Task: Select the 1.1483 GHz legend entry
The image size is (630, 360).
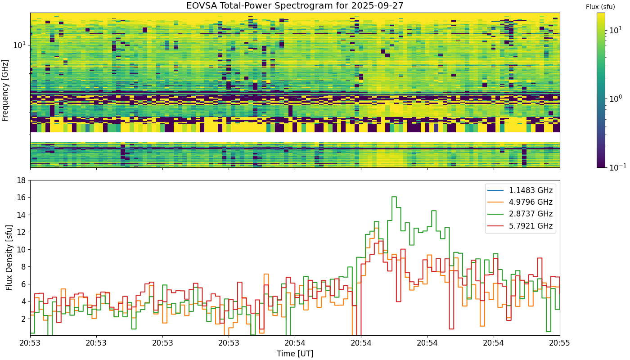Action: pyautogui.click(x=520, y=190)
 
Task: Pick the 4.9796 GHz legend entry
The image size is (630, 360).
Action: pyautogui.click(x=520, y=202)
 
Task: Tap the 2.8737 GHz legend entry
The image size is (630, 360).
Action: pyautogui.click(x=520, y=214)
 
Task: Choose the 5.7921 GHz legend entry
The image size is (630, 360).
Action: pyautogui.click(x=520, y=226)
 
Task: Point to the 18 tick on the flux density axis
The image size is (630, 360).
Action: pyautogui.click(x=22, y=180)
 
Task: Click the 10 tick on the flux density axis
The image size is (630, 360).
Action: pyautogui.click(x=22, y=249)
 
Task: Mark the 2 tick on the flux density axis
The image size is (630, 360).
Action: pyautogui.click(x=23, y=319)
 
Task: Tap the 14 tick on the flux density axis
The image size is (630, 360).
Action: pyautogui.click(x=22, y=215)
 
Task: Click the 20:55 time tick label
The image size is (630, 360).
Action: pyautogui.click(x=560, y=343)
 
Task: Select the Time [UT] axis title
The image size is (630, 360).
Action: pyautogui.click(x=295, y=354)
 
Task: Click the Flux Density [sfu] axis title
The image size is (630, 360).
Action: pyautogui.click(x=9, y=257)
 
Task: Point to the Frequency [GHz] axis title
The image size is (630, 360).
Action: pyautogui.click(x=5, y=90)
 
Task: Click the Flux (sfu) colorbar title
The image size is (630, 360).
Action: pyautogui.click(x=600, y=7)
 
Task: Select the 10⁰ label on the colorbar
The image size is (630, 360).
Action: pyautogui.click(x=616, y=98)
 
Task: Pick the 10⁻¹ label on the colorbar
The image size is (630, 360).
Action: pyautogui.click(x=617, y=167)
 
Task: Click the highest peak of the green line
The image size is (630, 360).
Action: pyautogui.click(x=394, y=197)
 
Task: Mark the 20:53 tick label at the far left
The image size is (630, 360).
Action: pyautogui.click(x=30, y=343)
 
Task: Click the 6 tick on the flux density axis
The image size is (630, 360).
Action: pyautogui.click(x=23, y=284)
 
